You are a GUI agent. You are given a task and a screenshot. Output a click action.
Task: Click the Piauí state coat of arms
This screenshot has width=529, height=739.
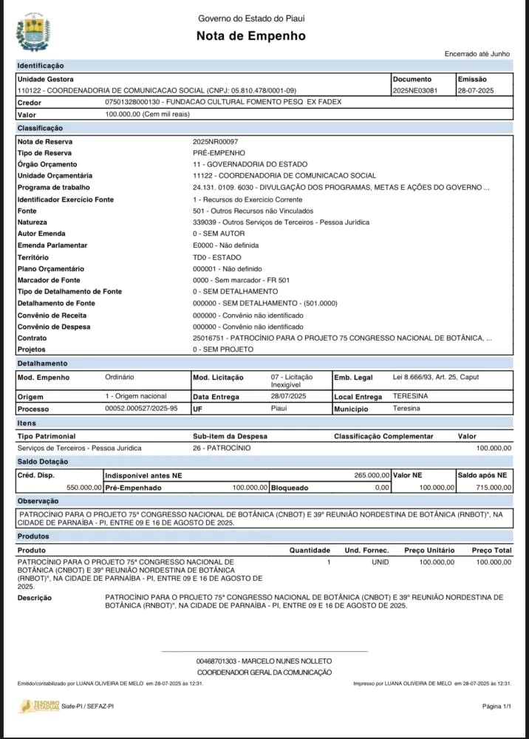tap(33, 31)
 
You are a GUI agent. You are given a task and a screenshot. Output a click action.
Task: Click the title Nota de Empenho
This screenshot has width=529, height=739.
tap(250, 36)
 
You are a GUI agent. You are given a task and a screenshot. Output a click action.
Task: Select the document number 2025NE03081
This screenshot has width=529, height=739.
tap(415, 91)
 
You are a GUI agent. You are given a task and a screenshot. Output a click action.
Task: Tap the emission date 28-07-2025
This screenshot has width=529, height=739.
tap(476, 91)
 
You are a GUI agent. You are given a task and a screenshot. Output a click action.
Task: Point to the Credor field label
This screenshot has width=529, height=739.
tap(30, 103)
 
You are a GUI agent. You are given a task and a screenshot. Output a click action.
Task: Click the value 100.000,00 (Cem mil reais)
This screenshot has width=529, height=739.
tap(148, 115)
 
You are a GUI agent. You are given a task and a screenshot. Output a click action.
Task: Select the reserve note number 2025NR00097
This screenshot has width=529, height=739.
tap(215, 141)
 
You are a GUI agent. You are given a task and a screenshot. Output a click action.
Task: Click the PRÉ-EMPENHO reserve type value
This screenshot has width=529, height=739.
tap(214, 152)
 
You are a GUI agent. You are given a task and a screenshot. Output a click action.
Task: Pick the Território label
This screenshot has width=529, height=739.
tap(34, 256)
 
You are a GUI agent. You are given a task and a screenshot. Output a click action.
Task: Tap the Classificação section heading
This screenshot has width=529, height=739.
tap(41, 129)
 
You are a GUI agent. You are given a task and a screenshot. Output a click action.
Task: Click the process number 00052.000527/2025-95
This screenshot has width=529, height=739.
tap(142, 408)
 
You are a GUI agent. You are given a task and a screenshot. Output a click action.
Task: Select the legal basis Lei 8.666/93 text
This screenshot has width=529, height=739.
tap(436, 377)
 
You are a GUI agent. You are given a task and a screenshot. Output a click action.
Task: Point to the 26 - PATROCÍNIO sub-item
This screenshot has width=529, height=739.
tap(221, 448)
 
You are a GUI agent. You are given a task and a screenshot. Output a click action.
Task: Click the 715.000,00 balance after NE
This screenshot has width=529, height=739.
tap(492, 488)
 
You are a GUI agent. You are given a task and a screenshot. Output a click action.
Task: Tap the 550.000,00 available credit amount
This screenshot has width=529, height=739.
tap(83, 488)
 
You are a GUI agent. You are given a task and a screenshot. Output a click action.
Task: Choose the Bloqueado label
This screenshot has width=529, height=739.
tap(290, 488)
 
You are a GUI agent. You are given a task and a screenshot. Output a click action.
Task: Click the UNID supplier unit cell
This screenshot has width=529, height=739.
tap(379, 562)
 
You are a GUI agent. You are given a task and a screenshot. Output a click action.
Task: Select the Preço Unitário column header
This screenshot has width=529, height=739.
tap(429, 551)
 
